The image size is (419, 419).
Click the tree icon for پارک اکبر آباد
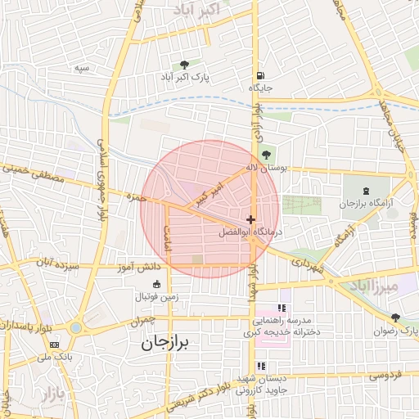[185, 65]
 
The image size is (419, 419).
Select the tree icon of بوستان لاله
[266, 154]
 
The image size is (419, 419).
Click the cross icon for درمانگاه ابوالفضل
[250, 219]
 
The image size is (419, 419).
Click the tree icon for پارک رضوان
[395, 318]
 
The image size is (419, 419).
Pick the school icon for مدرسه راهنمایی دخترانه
[282, 309]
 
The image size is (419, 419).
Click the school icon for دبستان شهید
[261, 367]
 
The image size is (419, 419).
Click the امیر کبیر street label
[208, 194]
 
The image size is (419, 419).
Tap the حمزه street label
[136, 196]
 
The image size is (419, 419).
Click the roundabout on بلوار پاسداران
[76, 328]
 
